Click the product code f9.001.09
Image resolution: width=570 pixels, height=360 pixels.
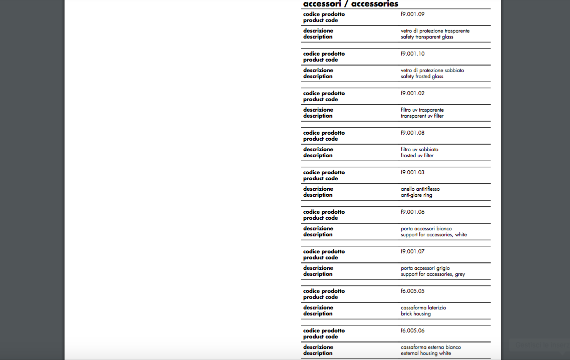pyautogui.click(x=412, y=15)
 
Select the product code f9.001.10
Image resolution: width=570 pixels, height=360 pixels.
pyautogui.click(x=412, y=54)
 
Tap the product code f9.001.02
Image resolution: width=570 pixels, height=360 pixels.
pyautogui.click(x=412, y=94)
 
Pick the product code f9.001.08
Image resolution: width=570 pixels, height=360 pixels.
pyautogui.click(x=412, y=133)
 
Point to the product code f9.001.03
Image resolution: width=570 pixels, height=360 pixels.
pyautogui.click(x=412, y=173)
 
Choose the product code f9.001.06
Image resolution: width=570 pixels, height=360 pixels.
pyautogui.click(x=412, y=212)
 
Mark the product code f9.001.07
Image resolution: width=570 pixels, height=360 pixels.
pyautogui.click(x=412, y=252)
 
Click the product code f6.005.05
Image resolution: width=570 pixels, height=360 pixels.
pyautogui.click(x=412, y=291)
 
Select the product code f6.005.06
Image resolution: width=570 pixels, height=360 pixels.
pyautogui.click(x=412, y=331)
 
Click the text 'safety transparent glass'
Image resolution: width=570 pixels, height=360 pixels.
pyautogui.click(x=427, y=37)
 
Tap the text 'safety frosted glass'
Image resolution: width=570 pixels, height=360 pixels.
pyautogui.click(x=422, y=77)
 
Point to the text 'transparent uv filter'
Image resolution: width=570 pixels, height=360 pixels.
pyautogui.click(x=422, y=116)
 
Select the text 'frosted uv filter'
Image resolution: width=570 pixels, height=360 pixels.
pyautogui.click(x=417, y=156)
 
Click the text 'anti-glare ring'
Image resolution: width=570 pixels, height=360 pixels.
pyautogui.click(x=416, y=195)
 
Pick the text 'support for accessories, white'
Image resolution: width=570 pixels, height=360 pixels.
pyautogui.click(x=433, y=235)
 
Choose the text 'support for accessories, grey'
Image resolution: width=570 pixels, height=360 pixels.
pyautogui.click(x=433, y=274)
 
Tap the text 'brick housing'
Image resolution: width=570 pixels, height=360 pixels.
pyautogui.click(x=415, y=314)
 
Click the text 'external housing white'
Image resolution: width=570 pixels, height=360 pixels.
pyautogui.click(x=426, y=353)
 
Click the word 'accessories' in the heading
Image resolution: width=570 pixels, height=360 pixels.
pyautogui.click(x=374, y=4)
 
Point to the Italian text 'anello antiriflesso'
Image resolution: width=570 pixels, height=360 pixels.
pyautogui.click(x=420, y=189)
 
